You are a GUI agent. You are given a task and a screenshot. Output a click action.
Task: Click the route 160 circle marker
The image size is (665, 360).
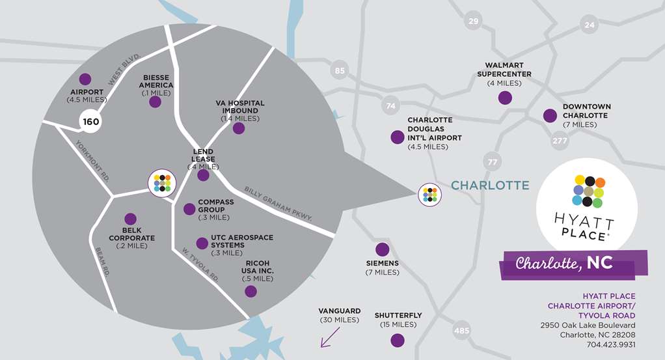pyautogui.click(x=91, y=121)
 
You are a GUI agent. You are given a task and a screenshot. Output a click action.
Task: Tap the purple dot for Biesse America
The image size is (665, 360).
pyautogui.click(x=155, y=102)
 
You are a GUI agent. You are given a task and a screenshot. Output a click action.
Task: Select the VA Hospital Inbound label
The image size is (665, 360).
pyautogui.click(x=239, y=111)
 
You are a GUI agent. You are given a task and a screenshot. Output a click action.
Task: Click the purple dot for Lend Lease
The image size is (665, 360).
pyautogui.click(x=203, y=175)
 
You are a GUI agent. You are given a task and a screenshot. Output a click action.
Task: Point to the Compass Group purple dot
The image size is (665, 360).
pyautogui.click(x=189, y=209)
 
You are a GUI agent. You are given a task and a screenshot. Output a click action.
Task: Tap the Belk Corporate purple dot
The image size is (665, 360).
pyautogui.click(x=130, y=219)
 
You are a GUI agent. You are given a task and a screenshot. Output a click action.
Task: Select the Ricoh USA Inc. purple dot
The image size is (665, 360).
pyautogui.click(x=251, y=291)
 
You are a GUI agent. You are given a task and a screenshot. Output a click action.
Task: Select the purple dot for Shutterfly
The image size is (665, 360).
pyautogui.click(x=397, y=340)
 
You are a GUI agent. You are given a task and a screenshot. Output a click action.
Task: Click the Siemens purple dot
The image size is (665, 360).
pyautogui.click(x=383, y=249)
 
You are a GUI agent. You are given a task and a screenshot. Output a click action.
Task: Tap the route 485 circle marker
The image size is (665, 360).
pyautogui.click(x=461, y=331)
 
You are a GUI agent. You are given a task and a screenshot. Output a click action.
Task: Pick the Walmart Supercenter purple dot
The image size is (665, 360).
pyautogui.click(x=504, y=98)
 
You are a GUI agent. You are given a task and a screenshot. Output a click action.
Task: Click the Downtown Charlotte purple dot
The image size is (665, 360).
pyautogui.click(x=550, y=116)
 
